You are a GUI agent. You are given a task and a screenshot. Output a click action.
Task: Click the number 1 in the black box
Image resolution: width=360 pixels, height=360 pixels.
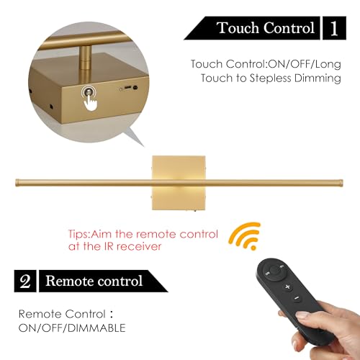point(334,29)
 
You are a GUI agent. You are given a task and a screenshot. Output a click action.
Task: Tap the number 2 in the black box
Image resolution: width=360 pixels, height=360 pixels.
point(25,281)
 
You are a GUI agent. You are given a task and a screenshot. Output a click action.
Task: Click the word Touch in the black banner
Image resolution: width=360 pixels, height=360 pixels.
point(238,28)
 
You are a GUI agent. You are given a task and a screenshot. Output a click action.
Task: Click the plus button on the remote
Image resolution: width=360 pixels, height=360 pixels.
point(288,287)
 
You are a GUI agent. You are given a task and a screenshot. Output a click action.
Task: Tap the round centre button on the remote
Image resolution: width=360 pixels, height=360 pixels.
point(274,271)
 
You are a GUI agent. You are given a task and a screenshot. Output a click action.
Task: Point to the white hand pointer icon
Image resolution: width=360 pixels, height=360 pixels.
point(91,103)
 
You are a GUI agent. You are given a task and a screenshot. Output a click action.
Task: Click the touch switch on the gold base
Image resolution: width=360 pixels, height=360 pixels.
point(87,91)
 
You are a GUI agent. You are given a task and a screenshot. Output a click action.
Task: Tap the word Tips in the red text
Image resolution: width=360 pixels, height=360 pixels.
point(78,234)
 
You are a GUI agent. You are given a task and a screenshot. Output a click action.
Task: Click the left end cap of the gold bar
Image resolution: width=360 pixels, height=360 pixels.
point(17,182)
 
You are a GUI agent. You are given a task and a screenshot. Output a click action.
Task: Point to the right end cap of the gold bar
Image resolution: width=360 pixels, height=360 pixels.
point(341,182)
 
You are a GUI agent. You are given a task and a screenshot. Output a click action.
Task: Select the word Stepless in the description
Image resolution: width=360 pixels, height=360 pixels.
point(270,78)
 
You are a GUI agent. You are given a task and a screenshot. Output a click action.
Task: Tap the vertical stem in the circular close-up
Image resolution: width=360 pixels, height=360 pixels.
point(85,58)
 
